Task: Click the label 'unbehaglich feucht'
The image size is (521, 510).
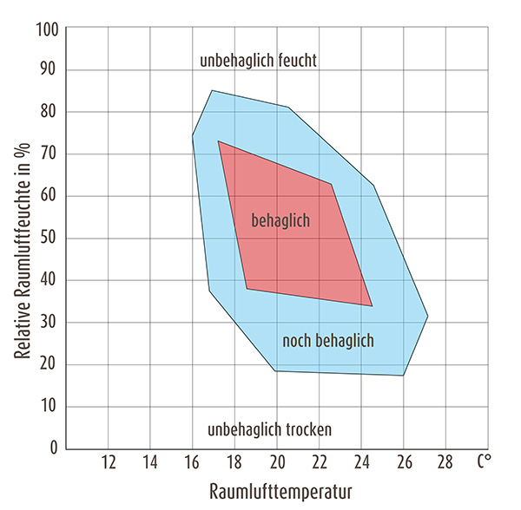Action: point(258,61)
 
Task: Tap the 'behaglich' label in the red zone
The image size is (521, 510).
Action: point(280,220)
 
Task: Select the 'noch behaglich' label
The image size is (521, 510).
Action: point(328,340)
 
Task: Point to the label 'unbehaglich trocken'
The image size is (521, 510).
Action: point(270,429)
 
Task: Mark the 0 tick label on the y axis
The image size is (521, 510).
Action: point(54,448)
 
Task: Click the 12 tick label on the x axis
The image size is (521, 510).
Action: point(109,462)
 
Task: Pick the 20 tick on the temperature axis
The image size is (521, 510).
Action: point(277,462)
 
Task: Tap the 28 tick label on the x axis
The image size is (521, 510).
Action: point(445,462)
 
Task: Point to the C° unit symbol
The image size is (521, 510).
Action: point(484,461)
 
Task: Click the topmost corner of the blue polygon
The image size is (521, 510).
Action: point(211,90)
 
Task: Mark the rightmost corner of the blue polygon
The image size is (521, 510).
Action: point(428,316)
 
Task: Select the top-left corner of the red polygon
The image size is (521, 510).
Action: point(218,141)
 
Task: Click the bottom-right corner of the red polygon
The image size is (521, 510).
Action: point(373,306)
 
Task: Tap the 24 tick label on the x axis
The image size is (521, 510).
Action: point(361,462)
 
